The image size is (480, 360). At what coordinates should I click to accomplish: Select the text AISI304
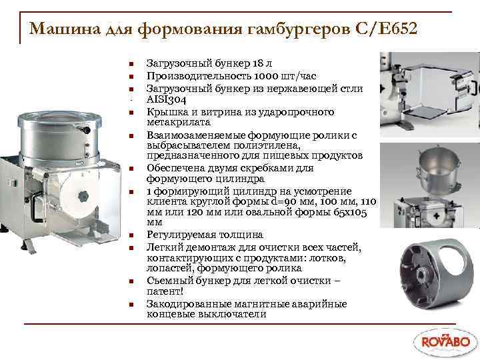(165, 99)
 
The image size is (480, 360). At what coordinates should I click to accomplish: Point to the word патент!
(164, 291)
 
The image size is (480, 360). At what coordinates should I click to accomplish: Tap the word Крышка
(164, 111)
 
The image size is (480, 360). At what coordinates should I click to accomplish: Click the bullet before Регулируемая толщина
(133, 235)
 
